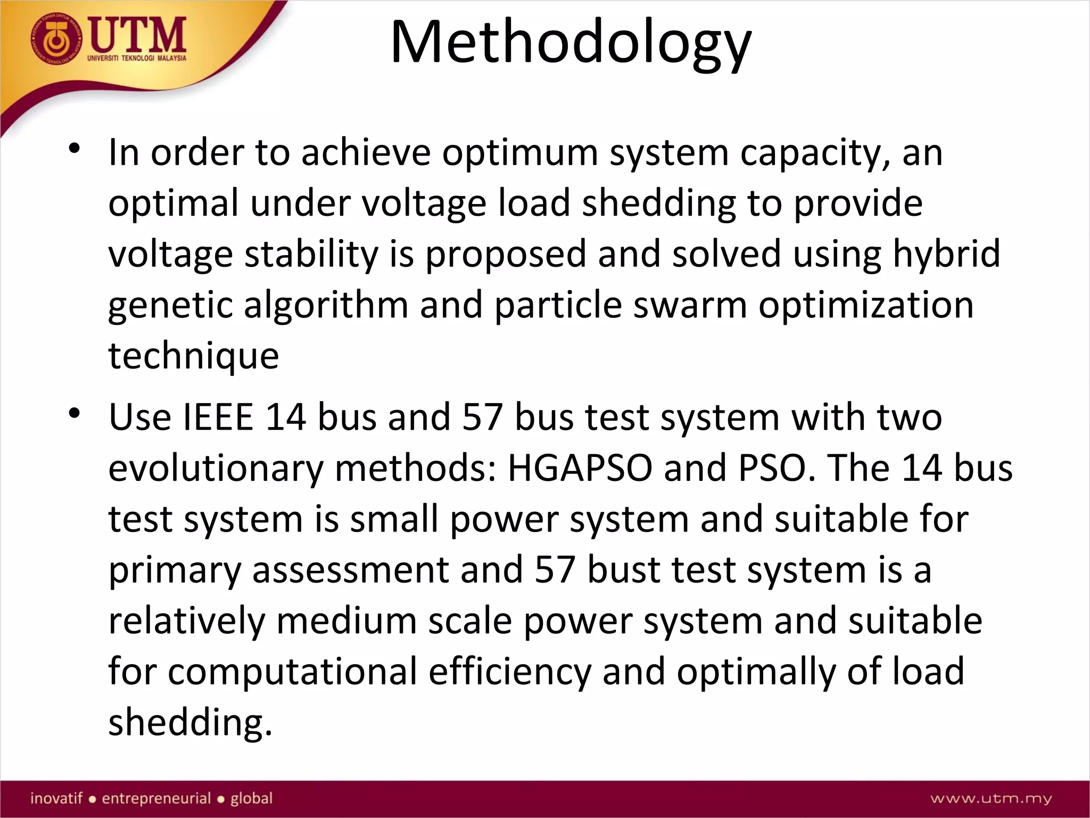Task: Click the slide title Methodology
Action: pyautogui.click(x=571, y=43)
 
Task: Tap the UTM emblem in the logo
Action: pyautogui.click(x=56, y=40)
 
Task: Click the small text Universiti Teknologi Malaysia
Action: pyautogui.click(x=137, y=58)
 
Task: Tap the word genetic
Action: pyautogui.click(x=170, y=306)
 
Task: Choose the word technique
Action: pyautogui.click(x=193, y=355)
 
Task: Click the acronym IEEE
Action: pyautogui.click(x=218, y=417)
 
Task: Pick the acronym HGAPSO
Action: pyautogui.click(x=580, y=468)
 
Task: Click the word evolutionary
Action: pyautogui.click(x=216, y=469)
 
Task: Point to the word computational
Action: pyautogui.click(x=292, y=672)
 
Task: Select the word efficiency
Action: pyautogui.click(x=509, y=672)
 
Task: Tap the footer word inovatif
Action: pyautogui.click(x=56, y=798)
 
